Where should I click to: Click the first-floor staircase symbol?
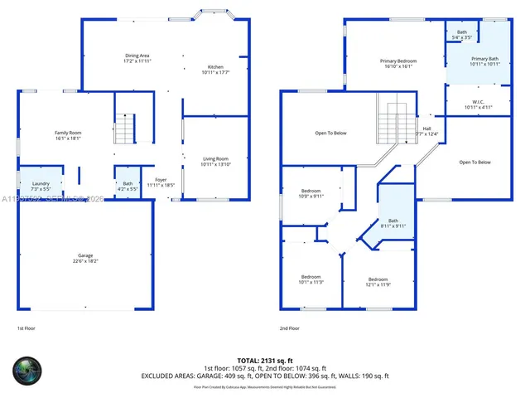tap(123, 129)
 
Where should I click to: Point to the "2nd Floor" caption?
tap(290, 328)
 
